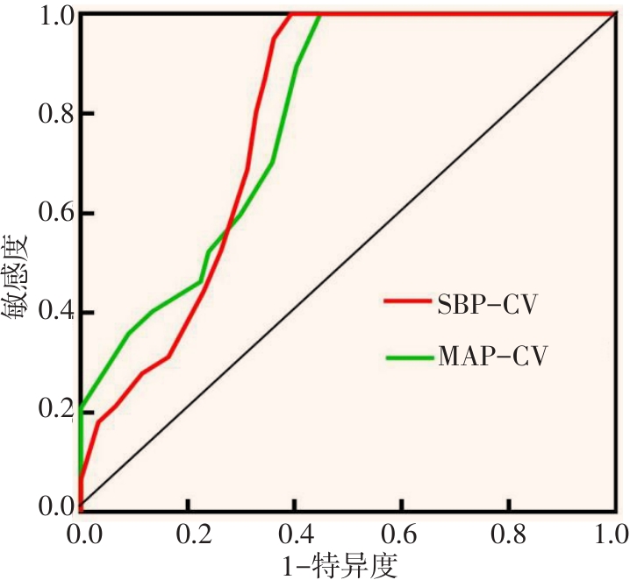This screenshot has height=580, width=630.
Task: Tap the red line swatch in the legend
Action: click(x=407, y=302)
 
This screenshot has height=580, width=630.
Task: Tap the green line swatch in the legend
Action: click(x=407, y=357)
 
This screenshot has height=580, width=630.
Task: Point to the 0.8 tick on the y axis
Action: click(x=52, y=114)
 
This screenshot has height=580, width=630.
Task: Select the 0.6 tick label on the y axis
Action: click(x=52, y=213)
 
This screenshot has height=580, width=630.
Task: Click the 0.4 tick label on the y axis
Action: click(x=52, y=312)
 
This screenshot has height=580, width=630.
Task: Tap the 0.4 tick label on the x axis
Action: click(x=295, y=533)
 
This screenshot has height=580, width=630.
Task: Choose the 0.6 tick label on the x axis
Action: click(x=402, y=533)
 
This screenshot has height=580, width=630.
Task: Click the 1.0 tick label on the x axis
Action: click(x=612, y=533)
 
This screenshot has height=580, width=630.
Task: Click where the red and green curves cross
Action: click(x=228, y=230)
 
